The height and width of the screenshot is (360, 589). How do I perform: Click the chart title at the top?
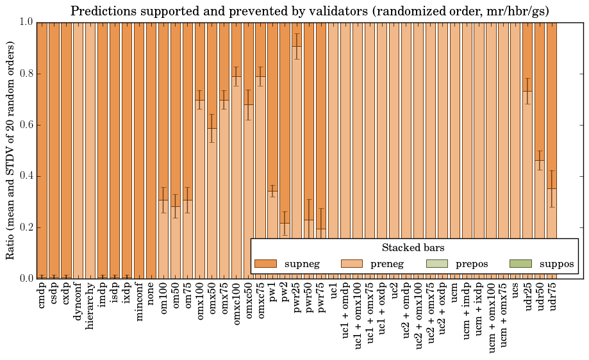pyautogui.click(x=310, y=11)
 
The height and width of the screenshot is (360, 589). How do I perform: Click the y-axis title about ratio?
pyautogui.click(x=11, y=150)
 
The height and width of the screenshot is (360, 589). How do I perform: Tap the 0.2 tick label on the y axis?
pyautogui.click(x=25, y=227)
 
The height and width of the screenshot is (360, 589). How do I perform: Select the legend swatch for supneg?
pyautogui.click(x=265, y=264)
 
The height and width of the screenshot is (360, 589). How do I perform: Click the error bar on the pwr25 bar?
pyautogui.click(x=297, y=46)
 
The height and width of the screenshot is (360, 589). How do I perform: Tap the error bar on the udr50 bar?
pyautogui.click(x=540, y=160)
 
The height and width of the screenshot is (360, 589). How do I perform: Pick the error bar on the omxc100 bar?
pyautogui.click(x=236, y=76)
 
